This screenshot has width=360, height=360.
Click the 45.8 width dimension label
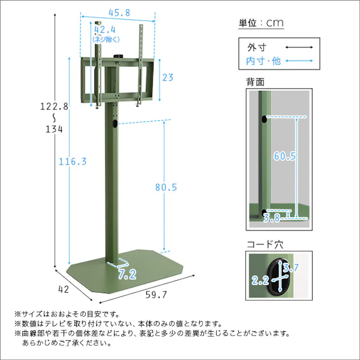[x=119, y=13]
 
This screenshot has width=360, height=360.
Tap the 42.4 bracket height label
[x=105, y=30]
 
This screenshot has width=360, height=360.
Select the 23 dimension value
[x=168, y=78]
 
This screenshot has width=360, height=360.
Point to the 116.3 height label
[x=73, y=162]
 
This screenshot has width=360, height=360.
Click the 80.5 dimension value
[x=166, y=187]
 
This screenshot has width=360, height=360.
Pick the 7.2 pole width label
[x=127, y=274]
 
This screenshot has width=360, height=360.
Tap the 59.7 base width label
[x=156, y=295]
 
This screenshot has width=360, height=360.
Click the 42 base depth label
[x=64, y=289]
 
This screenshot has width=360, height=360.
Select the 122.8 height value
[x=55, y=107]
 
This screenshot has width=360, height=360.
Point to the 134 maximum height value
[x=54, y=129]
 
